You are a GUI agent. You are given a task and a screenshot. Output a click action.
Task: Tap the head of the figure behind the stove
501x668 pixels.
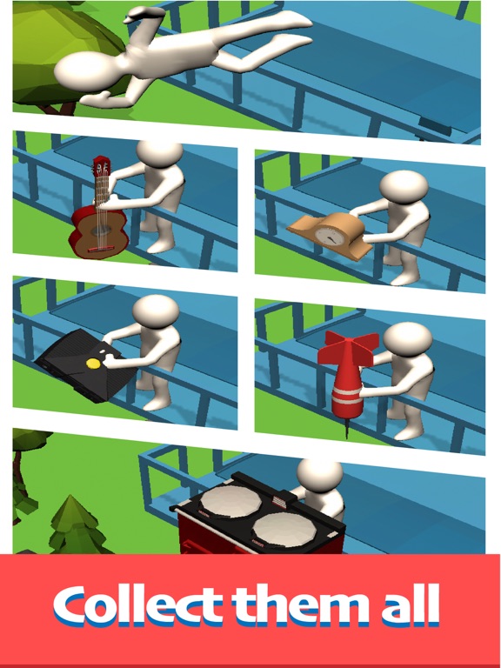coord(320,474)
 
